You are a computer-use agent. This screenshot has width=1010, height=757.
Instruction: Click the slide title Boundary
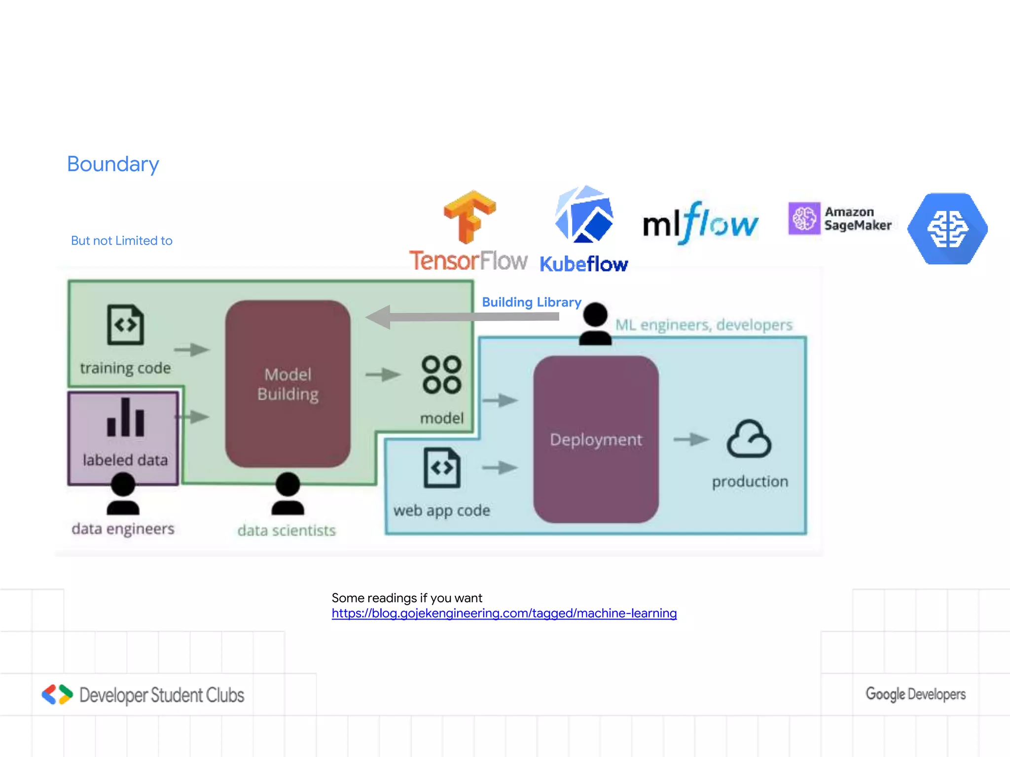click(113, 164)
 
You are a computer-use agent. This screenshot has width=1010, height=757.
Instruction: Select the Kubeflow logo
click(584, 230)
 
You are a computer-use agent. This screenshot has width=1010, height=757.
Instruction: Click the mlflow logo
click(700, 223)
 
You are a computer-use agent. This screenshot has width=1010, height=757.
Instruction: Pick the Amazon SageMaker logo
click(840, 218)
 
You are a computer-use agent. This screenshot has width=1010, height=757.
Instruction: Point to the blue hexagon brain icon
click(947, 229)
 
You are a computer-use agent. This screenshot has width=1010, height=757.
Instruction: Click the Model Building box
click(288, 384)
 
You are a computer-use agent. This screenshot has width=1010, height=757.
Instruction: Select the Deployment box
click(596, 439)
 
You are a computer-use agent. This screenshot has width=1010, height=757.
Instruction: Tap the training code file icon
click(126, 325)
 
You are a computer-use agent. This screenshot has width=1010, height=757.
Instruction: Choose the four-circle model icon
click(441, 375)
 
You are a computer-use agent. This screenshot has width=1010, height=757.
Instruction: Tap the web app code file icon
click(442, 468)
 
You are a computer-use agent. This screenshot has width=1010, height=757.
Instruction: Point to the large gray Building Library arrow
click(464, 316)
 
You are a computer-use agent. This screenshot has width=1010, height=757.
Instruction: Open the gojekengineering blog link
click(504, 613)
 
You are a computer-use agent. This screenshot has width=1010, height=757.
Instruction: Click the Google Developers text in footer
click(915, 694)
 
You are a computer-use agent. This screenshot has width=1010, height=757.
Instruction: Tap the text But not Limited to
click(122, 241)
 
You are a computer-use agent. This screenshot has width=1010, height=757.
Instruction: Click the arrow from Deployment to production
click(691, 439)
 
